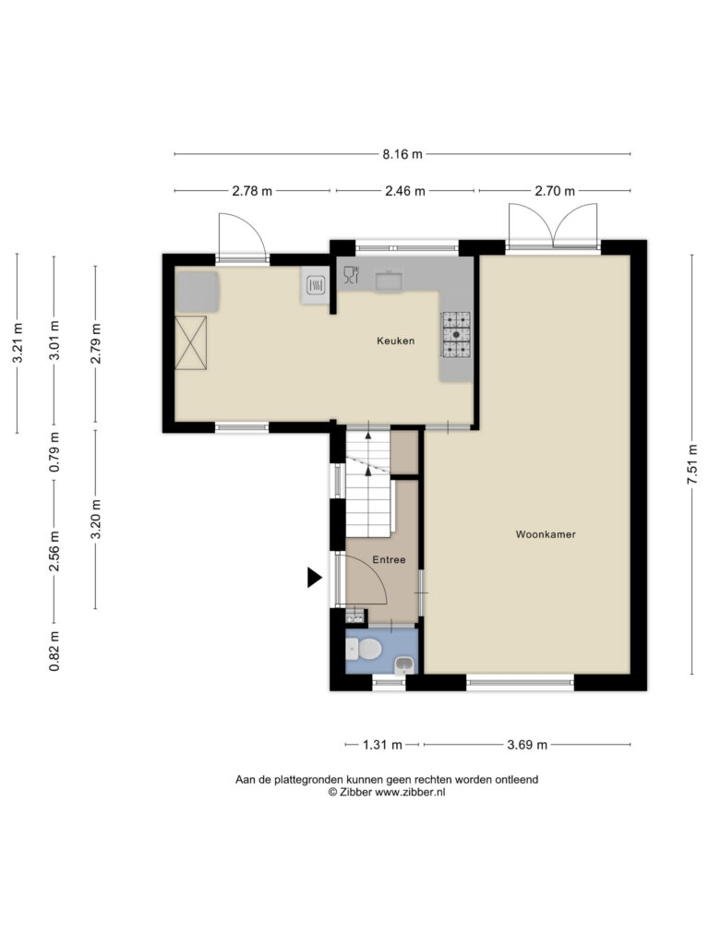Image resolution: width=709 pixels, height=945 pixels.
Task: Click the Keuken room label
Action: coord(395,341)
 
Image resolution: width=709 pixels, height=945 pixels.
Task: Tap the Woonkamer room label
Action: coord(546,534)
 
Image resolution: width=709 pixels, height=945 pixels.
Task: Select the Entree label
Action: coord(389,559)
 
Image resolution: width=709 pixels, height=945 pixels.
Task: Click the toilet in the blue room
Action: coord(364,650)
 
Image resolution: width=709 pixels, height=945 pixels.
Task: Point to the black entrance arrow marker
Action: coord(314,578)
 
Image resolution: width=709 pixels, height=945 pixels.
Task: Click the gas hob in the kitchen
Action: coord(456,334)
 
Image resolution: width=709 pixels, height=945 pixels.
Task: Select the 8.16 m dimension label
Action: coord(403,154)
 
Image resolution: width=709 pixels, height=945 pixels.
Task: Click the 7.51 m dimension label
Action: coord(693,464)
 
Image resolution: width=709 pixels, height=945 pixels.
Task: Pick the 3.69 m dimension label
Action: coord(527,745)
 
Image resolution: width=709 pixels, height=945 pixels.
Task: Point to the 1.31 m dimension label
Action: coord(381,745)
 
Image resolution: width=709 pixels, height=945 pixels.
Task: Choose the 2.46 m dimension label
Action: coord(405,191)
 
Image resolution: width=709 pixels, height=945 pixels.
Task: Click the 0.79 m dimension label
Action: coord(54,452)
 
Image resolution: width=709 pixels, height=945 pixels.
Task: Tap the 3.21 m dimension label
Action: coord(18,343)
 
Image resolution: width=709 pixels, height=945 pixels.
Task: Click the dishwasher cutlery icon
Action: coord(351,275)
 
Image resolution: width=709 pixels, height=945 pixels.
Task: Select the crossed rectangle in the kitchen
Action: coord(191,342)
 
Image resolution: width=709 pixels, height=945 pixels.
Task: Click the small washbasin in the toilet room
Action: coord(404,665)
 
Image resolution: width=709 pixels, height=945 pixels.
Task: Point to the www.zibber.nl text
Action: coord(410,792)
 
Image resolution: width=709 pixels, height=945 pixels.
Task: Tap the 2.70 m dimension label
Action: coord(555,191)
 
